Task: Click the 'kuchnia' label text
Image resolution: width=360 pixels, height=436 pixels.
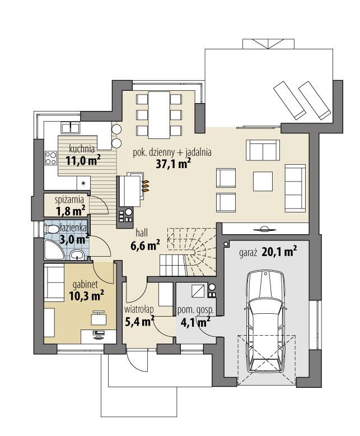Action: pyautogui.click(x=82, y=149)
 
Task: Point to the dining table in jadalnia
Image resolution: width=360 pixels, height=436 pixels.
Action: pyautogui.click(x=159, y=114)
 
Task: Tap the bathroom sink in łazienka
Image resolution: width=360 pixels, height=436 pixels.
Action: pyautogui.click(x=77, y=256)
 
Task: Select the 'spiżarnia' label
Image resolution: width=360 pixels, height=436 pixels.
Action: pyautogui.click(x=69, y=199)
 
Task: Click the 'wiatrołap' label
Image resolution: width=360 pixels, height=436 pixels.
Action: pyautogui.click(x=139, y=309)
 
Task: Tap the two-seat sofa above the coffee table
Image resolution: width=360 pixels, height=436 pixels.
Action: pyautogui.click(x=263, y=150)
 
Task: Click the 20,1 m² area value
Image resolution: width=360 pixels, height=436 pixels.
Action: pyautogui.click(x=279, y=252)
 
